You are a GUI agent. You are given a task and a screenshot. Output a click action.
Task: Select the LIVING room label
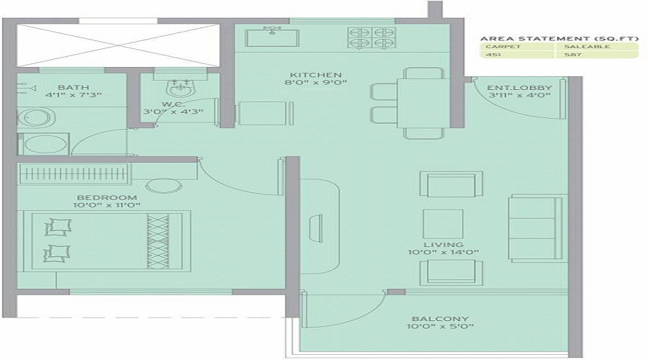tap(443, 245)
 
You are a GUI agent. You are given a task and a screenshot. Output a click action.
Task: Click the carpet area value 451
tap(493, 55)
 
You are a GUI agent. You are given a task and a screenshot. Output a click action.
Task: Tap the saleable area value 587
tap(572, 55)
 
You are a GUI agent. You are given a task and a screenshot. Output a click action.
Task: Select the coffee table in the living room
tap(442, 223)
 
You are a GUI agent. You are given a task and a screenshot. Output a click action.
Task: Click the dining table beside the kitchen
tap(418, 103)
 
